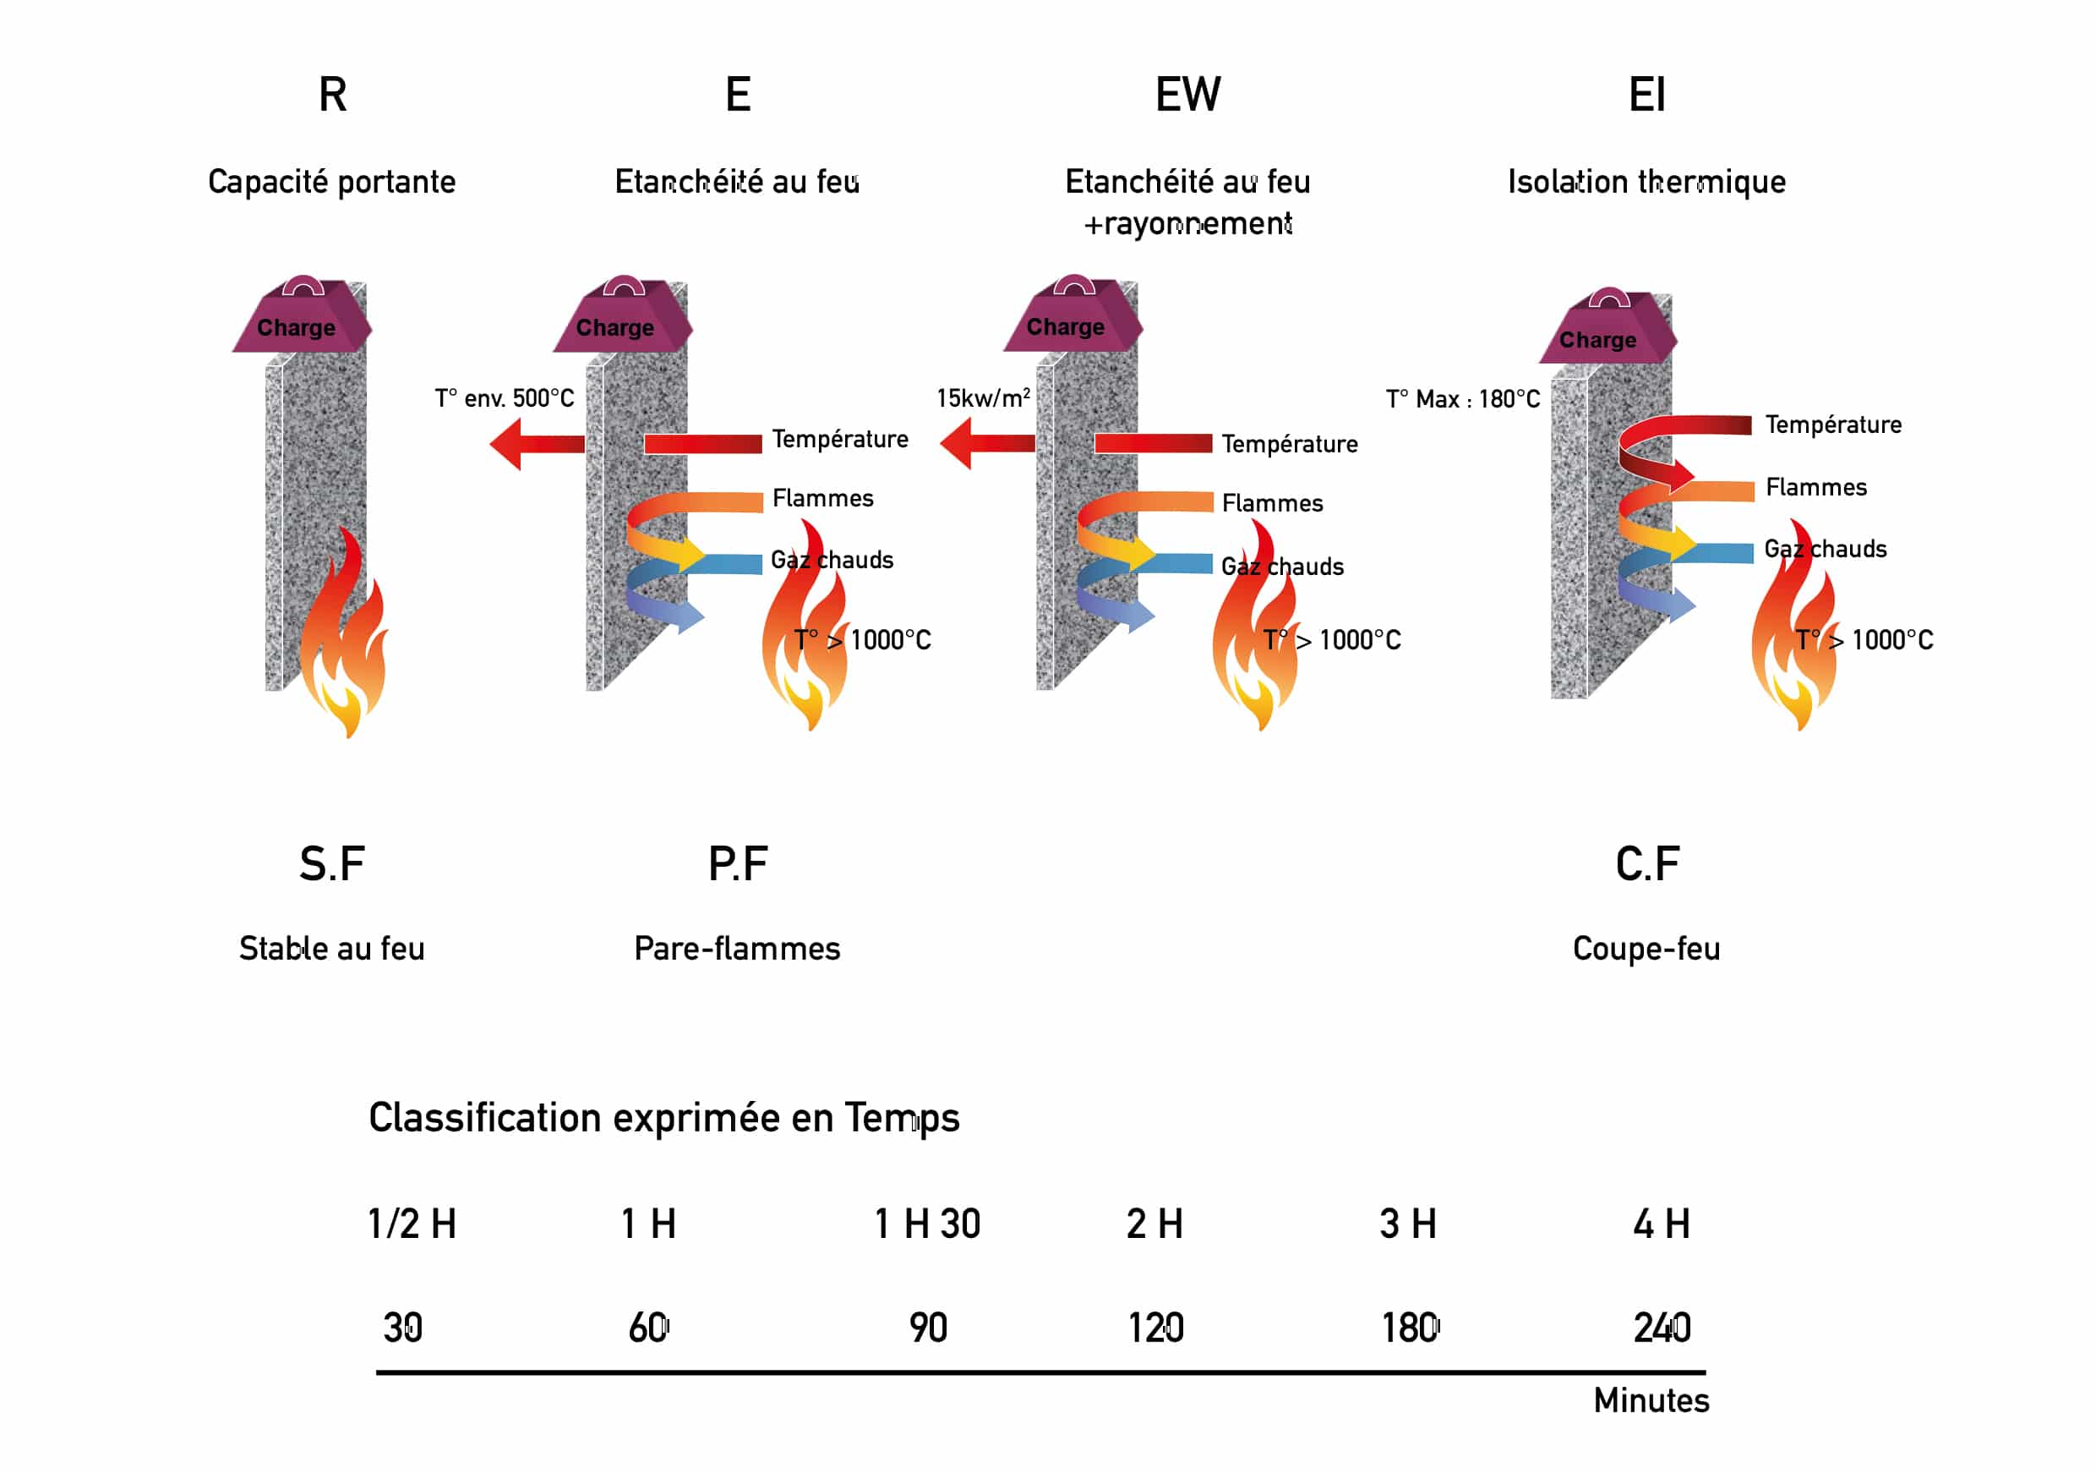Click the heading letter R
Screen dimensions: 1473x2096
pyautogui.click(x=332, y=95)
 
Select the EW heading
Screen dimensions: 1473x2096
pyautogui.click(x=1187, y=95)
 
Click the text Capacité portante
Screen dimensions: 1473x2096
pyautogui.click(x=331, y=182)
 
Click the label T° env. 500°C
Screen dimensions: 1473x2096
pyautogui.click(x=504, y=398)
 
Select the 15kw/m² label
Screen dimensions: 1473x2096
pyautogui.click(x=982, y=398)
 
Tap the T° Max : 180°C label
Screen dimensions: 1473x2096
pyautogui.click(x=1462, y=399)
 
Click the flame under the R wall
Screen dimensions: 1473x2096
pyautogui.click(x=345, y=639)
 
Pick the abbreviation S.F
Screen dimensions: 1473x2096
pyautogui.click(x=331, y=864)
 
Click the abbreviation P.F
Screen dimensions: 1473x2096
pyautogui.click(x=738, y=864)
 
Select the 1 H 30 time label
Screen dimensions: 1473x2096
pyautogui.click(x=926, y=1224)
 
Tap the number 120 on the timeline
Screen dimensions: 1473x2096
pyautogui.click(x=1154, y=1328)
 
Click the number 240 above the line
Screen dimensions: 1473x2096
pyautogui.click(x=1662, y=1328)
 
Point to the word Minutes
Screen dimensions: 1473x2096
pyautogui.click(x=1651, y=1401)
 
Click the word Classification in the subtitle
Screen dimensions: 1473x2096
pyautogui.click(x=483, y=1118)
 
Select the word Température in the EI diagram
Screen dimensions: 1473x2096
pyautogui.click(x=1833, y=424)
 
